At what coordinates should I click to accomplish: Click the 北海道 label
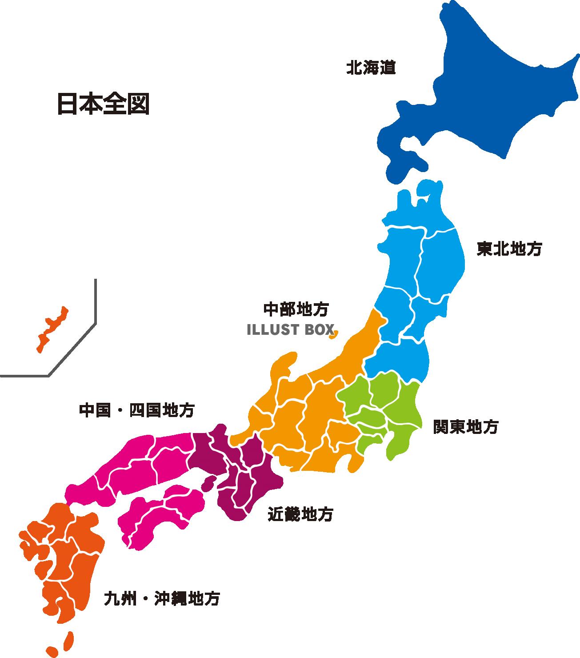click(x=371, y=68)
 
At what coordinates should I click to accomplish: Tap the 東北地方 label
click(x=509, y=249)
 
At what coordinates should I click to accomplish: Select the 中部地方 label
click(x=296, y=309)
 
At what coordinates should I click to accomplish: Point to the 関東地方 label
click(x=466, y=427)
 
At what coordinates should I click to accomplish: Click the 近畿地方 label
click(x=300, y=515)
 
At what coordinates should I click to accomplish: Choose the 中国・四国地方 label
click(x=136, y=410)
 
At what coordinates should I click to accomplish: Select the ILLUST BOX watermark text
click(x=290, y=329)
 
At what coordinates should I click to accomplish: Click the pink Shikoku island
click(x=160, y=516)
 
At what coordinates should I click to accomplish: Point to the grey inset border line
click(x=95, y=311)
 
